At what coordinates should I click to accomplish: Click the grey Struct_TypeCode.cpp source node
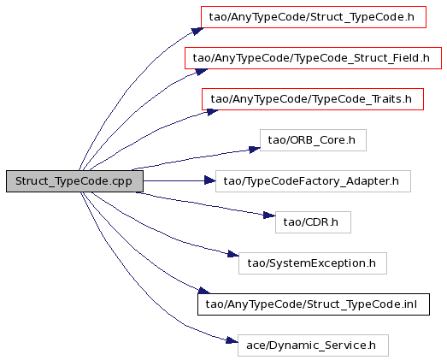[x=74, y=181]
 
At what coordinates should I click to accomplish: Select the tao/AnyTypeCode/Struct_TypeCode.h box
[x=314, y=17]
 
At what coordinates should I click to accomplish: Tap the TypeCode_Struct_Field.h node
[x=314, y=58]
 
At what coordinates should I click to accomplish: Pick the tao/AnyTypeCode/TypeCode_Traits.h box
[x=313, y=99]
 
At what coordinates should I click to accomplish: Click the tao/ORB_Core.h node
[x=313, y=140]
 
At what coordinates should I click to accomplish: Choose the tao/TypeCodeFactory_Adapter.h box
[x=313, y=181]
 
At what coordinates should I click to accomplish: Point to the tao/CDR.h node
[x=313, y=222]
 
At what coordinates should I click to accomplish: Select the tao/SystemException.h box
[x=313, y=263]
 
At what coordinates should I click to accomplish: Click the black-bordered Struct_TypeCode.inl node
[x=314, y=304]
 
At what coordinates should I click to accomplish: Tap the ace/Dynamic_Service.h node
[x=313, y=345]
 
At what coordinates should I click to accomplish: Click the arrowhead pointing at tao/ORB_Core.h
[x=255, y=149]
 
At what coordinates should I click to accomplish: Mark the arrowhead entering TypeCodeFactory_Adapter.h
[x=210, y=180]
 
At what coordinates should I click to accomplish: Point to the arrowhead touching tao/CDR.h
[x=269, y=215]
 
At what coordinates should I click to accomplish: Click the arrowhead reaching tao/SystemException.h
[x=233, y=254]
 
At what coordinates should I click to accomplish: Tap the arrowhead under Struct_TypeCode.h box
[x=197, y=31]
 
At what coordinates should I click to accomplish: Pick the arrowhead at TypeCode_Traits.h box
[x=213, y=112]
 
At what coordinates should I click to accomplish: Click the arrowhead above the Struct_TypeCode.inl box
[x=204, y=291]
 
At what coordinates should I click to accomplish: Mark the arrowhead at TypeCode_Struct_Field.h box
[x=202, y=72]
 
